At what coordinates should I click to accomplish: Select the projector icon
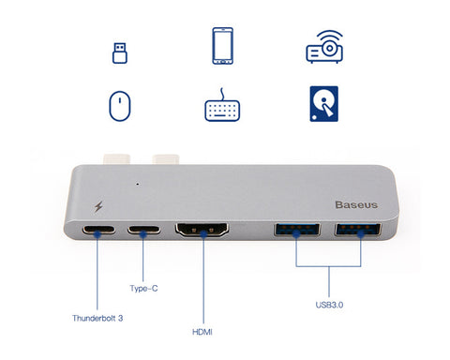(331, 46)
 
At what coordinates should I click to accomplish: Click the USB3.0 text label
(329, 304)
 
